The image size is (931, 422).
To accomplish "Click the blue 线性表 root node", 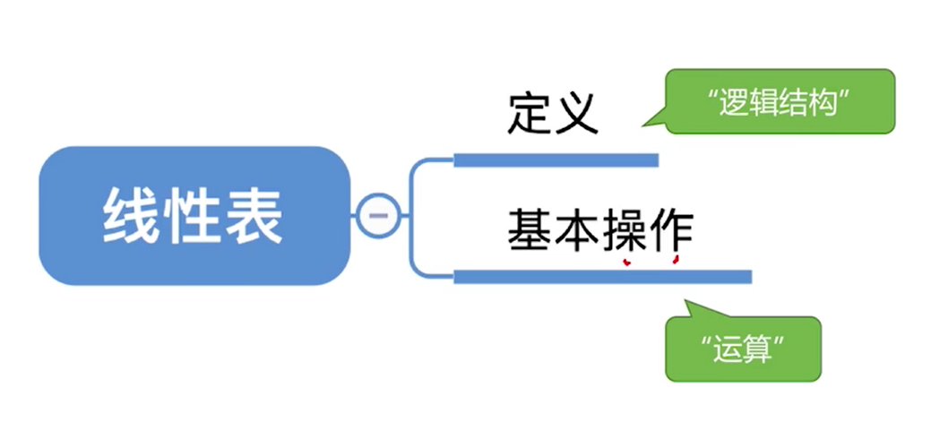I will pyautogui.click(x=194, y=216).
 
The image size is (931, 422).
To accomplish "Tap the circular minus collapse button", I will pyautogui.click(x=377, y=215).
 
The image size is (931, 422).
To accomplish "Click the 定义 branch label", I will pyautogui.click(x=552, y=115).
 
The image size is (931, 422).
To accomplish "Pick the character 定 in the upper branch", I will pyautogui.click(x=530, y=115).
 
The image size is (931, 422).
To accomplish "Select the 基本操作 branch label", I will pyautogui.click(x=599, y=230).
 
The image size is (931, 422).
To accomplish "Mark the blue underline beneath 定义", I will pyautogui.click(x=556, y=160).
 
